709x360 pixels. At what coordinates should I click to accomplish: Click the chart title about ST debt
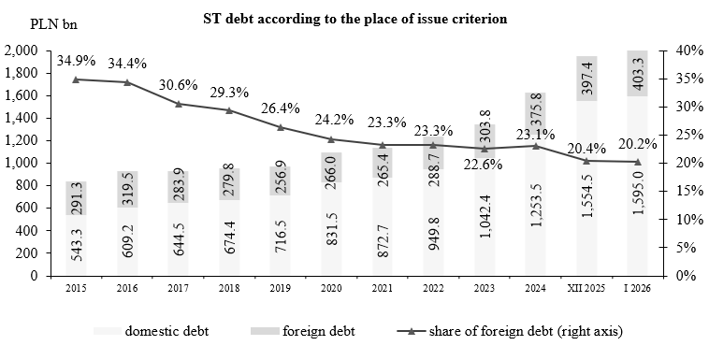coord(354,18)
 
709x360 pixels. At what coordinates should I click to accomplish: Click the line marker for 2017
coord(180,103)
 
